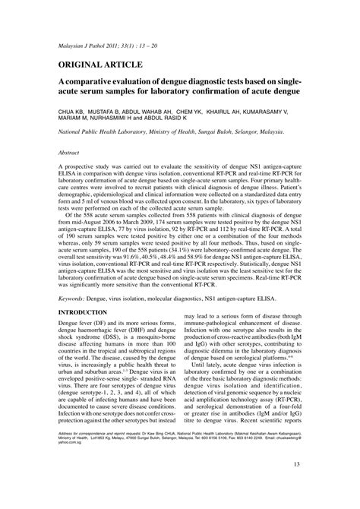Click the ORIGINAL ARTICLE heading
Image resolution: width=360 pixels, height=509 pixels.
click(103, 65)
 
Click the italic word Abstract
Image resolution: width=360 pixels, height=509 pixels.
click(71, 153)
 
